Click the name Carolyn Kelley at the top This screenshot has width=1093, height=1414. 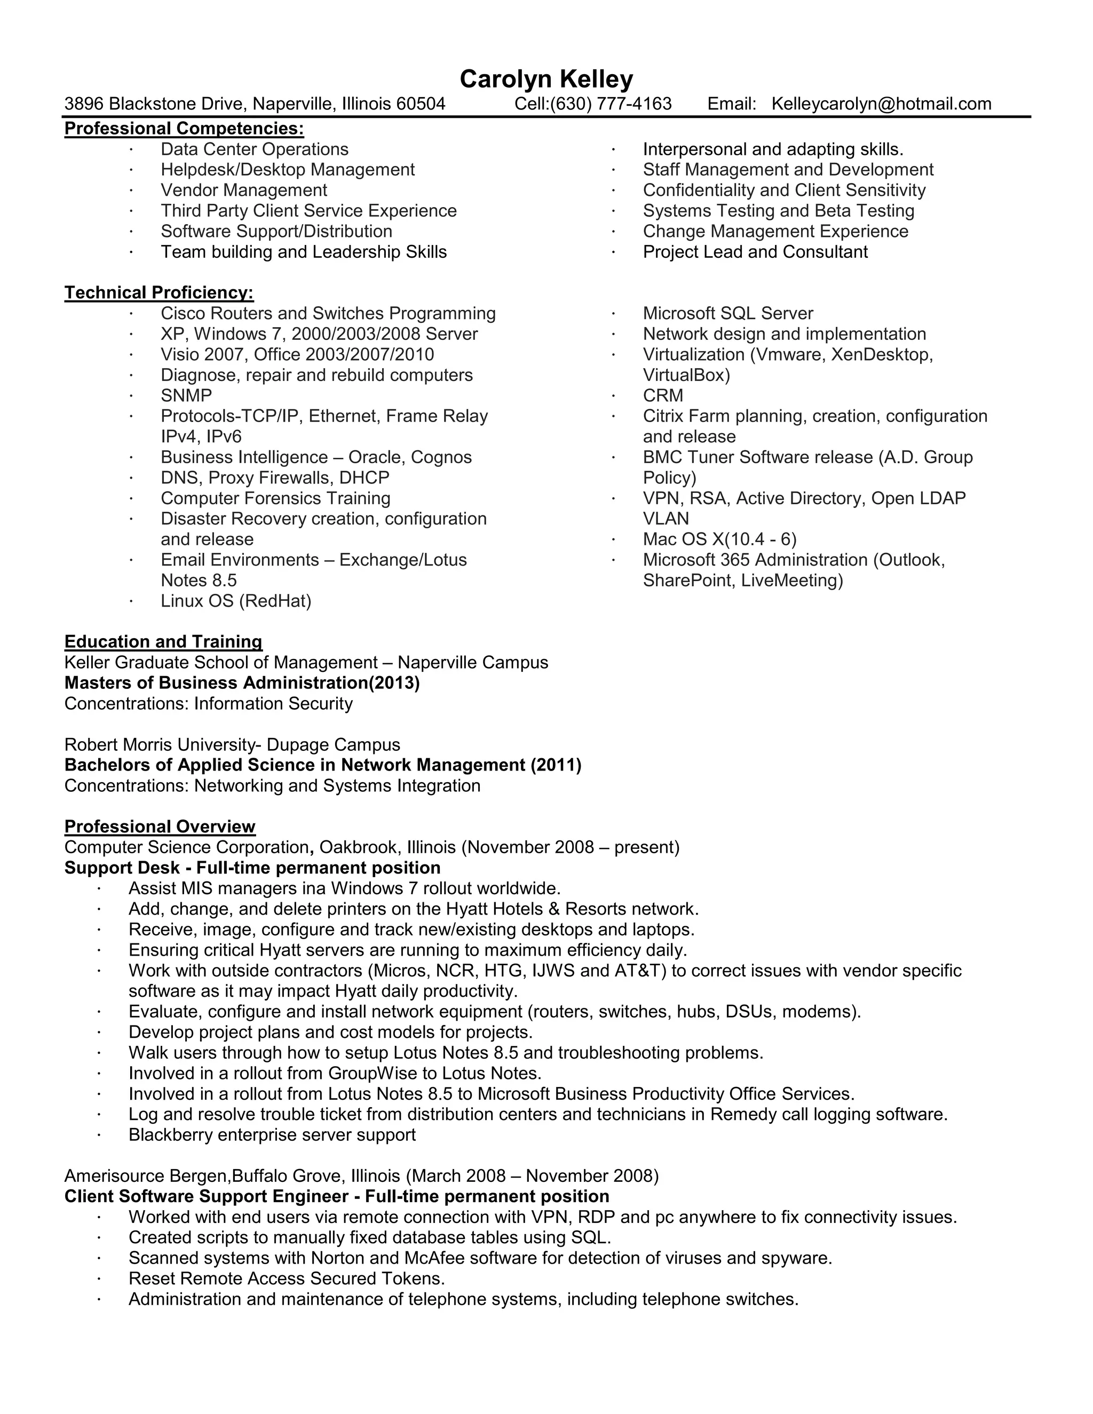(x=546, y=79)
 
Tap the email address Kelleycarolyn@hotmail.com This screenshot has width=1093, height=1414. (x=881, y=104)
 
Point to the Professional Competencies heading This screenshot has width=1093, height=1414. (x=184, y=128)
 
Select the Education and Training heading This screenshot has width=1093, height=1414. (x=163, y=641)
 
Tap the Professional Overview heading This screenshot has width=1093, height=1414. (x=160, y=827)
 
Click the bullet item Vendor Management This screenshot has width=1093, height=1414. (x=243, y=190)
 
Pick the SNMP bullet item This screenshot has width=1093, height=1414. (x=186, y=395)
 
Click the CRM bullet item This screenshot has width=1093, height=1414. (x=662, y=395)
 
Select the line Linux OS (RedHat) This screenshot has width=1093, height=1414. (x=236, y=601)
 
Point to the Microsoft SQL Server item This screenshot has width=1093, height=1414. (x=728, y=313)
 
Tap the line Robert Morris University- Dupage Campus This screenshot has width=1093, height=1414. (x=232, y=744)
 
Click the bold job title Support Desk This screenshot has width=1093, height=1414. (x=121, y=868)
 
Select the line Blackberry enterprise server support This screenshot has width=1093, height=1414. (x=272, y=1135)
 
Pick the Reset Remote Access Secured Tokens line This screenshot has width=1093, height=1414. (x=286, y=1278)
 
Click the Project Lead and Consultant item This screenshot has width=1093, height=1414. (x=755, y=252)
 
